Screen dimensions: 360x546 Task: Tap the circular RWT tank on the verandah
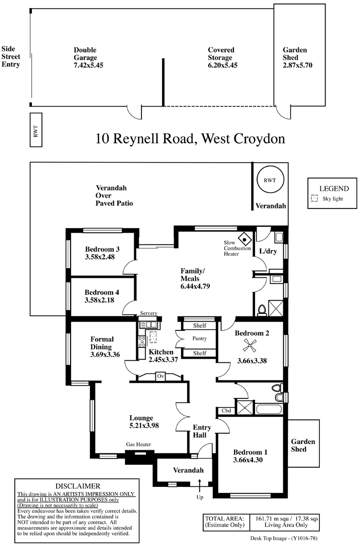271,180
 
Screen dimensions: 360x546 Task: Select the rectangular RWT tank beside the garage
36,130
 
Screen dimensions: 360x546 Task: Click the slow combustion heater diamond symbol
245,240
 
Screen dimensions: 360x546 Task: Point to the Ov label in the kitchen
160,376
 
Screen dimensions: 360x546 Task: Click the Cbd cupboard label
226,411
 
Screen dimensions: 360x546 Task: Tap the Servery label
149,313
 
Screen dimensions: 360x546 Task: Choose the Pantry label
200,339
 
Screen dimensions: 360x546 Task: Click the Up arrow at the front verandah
200,484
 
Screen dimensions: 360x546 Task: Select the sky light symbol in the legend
314,199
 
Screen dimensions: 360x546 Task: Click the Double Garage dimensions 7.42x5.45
88,65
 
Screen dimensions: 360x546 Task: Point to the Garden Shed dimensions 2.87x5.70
298,65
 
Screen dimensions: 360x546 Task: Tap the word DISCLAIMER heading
78,486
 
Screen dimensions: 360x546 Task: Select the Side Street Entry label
11,57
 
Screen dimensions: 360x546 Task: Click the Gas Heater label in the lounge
138,444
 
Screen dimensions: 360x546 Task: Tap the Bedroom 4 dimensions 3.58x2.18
99,300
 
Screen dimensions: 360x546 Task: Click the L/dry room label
268,252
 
